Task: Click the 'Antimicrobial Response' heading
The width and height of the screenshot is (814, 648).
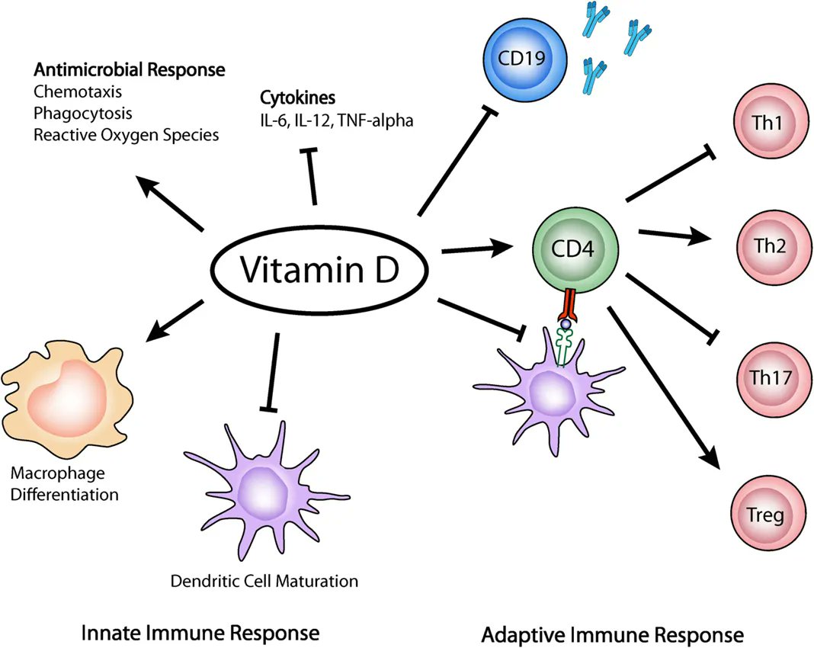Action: point(129,70)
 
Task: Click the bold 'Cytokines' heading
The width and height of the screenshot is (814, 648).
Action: point(287,99)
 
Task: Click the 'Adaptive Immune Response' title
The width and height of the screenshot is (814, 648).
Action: point(612,634)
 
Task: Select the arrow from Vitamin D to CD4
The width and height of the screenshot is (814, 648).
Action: point(476,248)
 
